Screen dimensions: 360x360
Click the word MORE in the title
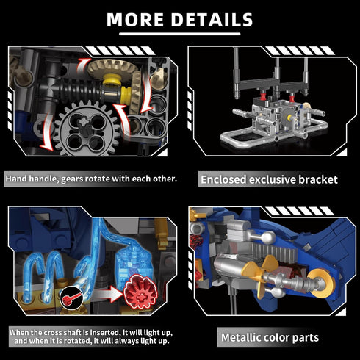point(135,19)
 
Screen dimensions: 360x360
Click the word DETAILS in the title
point(212,19)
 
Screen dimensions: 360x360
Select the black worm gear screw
point(79,90)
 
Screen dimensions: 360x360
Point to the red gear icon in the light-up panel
point(140,292)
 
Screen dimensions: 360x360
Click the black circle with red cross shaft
point(71,297)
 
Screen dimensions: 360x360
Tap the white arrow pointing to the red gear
point(108,294)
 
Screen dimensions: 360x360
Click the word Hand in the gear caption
point(16,179)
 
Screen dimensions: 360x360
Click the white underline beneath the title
point(180,34)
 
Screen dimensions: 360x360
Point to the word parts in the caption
point(306,338)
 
